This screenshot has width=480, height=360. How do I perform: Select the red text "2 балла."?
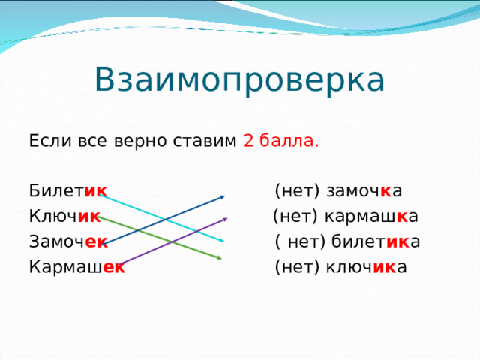click(x=281, y=142)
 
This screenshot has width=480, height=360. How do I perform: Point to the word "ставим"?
click(x=207, y=142)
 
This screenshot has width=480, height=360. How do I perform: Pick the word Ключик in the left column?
click(x=64, y=217)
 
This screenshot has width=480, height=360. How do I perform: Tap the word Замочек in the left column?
click(x=67, y=241)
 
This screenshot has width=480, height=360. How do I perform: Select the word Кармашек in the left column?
click(x=76, y=266)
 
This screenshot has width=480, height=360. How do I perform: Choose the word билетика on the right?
click(x=374, y=241)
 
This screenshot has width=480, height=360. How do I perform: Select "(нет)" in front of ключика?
click(x=298, y=266)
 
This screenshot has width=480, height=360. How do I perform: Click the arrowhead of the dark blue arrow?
click(x=223, y=197)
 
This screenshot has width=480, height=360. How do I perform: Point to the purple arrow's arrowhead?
click(x=224, y=219)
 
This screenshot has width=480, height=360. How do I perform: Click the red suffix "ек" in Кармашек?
click(x=114, y=266)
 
